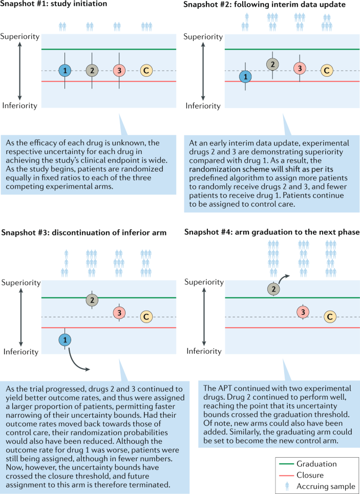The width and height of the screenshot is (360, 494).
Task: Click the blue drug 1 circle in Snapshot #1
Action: [65, 71]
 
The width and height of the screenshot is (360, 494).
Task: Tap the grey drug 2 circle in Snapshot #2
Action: [273, 65]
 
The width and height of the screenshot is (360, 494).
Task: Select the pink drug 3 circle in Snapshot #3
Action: [119, 312]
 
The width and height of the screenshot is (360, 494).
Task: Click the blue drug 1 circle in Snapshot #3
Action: [65, 339]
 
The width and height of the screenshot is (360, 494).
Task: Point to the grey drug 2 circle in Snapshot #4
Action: [273, 289]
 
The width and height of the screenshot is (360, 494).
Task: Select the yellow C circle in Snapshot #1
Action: [146, 71]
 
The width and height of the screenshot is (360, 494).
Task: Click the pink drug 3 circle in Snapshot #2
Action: [300, 68]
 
